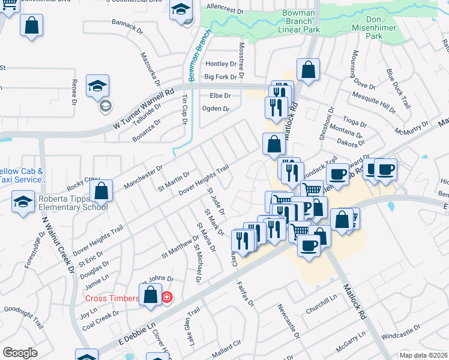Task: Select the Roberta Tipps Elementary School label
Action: (x=72, y=203)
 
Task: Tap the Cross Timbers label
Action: (x=112, y=298)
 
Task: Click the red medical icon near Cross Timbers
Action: (x=166, y=297)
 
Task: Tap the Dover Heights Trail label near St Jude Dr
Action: (x=204, y=180)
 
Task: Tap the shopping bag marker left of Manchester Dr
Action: (x=101, y=191)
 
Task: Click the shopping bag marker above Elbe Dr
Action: (x=308, y=70)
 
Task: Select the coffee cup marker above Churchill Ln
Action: (x=309, y=245)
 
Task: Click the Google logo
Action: (x=20, y=353)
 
